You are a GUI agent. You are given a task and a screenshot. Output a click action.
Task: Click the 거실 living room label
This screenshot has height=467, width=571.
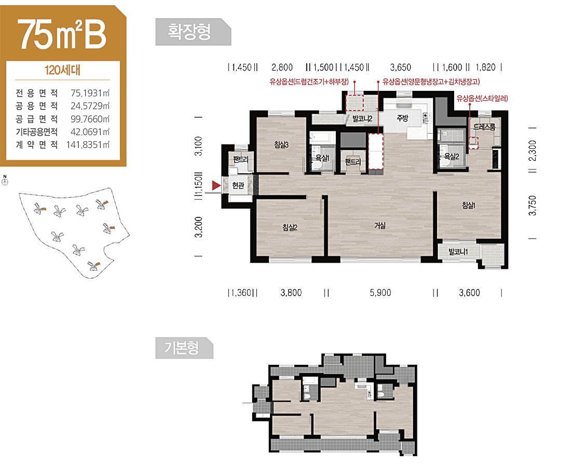(x=380, y=226)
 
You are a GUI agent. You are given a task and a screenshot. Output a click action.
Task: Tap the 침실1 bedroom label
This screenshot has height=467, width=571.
(x=468, y=205)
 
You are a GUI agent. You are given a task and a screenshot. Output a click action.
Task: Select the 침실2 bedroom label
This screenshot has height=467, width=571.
(x=290, y=227)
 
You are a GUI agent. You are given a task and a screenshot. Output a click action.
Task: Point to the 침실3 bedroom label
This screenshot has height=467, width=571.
(x=281, y=145)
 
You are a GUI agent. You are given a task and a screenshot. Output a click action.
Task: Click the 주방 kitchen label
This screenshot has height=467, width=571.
(x=402, y=118)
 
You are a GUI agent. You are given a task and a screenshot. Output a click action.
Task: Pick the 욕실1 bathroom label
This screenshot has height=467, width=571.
(x=322, y=158)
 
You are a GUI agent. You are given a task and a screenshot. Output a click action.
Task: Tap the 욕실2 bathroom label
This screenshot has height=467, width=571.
(x=452, y=157)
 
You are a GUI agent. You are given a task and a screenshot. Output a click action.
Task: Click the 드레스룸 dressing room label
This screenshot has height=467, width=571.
(x=484, y=127)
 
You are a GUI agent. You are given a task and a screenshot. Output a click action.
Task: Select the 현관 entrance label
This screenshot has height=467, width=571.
(x=238, y=186)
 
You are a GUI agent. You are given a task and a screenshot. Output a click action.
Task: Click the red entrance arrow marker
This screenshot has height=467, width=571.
(x=216, y=186)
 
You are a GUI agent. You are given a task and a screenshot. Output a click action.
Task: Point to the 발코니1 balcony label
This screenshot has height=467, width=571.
(x=458, y=252)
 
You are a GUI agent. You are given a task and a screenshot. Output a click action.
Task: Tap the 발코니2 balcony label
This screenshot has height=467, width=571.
(x=362, y=119)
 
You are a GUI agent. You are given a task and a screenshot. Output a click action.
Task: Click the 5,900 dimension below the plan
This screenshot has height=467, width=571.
(x=380, y=293)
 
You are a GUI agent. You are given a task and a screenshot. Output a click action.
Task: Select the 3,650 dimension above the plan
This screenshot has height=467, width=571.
(x=401, y=67)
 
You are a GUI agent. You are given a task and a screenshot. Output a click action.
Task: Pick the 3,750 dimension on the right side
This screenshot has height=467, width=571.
(x=533, y=205)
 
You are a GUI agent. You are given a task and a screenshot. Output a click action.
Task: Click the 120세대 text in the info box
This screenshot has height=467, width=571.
(x=62, y=70)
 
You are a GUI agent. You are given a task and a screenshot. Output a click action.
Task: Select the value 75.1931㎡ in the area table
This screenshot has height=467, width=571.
(x=90, y=93)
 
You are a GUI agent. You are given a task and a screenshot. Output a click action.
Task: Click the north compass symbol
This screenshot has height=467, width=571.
(x=5, y=182)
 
